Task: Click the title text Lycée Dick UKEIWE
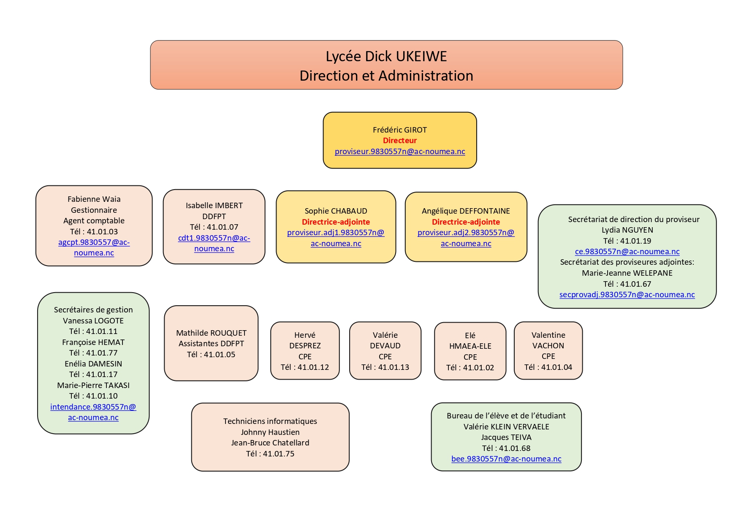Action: tap(386, 57)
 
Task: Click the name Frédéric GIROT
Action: tap(399, 130)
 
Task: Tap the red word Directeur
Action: tap(399, 141)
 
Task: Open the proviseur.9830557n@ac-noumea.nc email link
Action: tap(399, 152)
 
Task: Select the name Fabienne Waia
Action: tap(94, 199)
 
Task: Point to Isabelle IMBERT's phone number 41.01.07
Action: tap(223, 227)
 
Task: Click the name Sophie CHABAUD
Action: tap(336, 211)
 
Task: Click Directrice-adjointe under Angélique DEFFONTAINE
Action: tap(466, 222)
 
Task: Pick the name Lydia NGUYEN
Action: tap(627, 230)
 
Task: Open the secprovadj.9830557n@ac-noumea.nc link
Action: tap(627, 295)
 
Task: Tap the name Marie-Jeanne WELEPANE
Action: tap(627, 273)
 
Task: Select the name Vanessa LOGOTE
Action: tap(93, 321)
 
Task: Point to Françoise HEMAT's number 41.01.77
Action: tap(102, 353)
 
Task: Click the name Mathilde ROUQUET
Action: tap(211, 333)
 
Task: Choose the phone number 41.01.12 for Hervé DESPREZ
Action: tap(313, 367)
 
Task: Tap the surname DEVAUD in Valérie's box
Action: tap(385, 346)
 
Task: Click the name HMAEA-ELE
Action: tap(470, 346)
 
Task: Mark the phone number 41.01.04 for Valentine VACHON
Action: tap(556, 367)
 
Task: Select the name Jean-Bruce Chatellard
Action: tap(270, 443)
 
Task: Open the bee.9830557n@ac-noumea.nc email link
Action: tap(506, 459)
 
